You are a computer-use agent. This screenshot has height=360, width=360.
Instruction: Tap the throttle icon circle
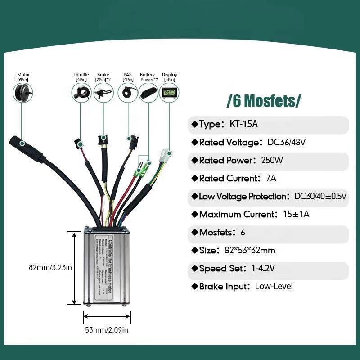pos(81,93)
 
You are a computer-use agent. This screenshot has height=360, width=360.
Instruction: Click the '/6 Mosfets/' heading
pos(264,101)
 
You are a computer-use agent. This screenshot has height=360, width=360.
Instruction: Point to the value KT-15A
pos(243,125)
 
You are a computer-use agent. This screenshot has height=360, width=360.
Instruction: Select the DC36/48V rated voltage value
pos(284,143)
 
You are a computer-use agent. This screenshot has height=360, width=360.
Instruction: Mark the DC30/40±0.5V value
pos(320,197)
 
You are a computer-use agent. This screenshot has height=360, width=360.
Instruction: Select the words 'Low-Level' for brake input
pos(274,287)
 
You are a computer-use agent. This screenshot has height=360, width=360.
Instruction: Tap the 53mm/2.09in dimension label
pos(107,331)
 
